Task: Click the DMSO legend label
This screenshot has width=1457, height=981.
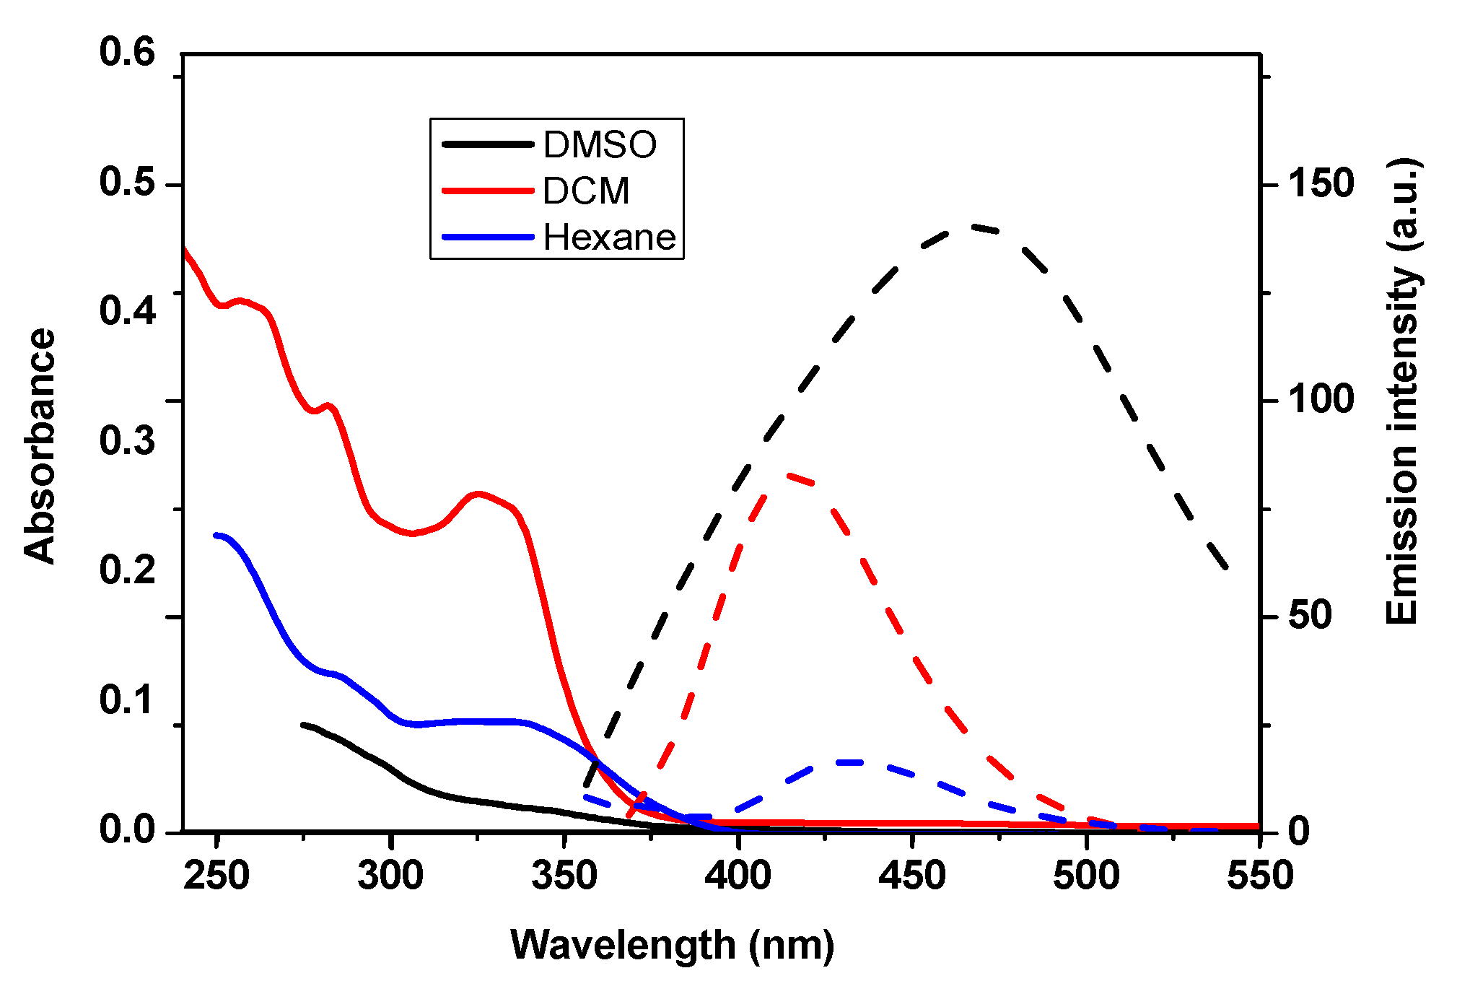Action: pyautogui.click(x=600, y=144)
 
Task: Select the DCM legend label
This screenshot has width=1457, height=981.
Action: pyautogui.click(x=586, y=191)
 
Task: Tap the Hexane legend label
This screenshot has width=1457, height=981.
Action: pyautogui.click(x=609, y=237)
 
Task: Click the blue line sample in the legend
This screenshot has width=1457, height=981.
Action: pyautogui.click(x=488, y=237)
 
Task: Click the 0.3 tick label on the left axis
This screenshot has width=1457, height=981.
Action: pyautogui.click(x=127, y=440)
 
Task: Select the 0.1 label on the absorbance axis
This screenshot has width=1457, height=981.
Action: pyautogui.click(x=127, y=699)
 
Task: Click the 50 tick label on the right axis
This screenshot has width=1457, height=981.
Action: pyautogui.click(x=1310, y=615)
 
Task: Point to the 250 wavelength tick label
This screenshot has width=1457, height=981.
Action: pyautogui.click(x=216, y=876)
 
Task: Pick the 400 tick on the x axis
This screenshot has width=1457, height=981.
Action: pyautogui.click(x=738, y=876)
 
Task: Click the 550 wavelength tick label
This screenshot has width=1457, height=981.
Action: pyautogui.click(x=1260, y=876)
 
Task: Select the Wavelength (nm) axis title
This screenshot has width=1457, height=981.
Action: pyautogui.click(x=673, y=944)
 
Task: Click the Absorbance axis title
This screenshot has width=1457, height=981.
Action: pyautogui.click(x=40, y=445)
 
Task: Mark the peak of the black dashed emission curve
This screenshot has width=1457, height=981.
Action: pyautogui.click(x=974, y=227)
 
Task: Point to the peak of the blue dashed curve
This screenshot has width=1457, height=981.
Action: pyautogui.click(x=852, y=762)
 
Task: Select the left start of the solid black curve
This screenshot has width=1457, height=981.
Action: pyautogui.click(x=304, y=724)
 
